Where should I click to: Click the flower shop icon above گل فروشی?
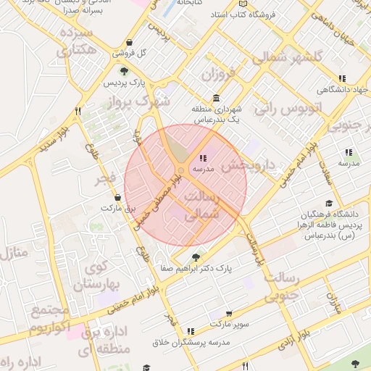click(x=129, y=42)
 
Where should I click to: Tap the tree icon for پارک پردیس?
click(x=124, y=71)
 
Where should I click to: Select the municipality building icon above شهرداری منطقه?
click(x=216, y=98)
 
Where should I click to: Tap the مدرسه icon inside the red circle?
click(x=202, y=158)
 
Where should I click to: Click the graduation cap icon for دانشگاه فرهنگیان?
click(x=329, y=204)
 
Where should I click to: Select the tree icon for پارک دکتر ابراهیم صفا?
click(x=195, y=257)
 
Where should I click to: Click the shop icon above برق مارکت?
click(x=117, y=197)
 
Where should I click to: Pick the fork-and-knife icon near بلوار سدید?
click(x=78, y=111)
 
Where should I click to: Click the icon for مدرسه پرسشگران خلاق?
click(x=191, y=331)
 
